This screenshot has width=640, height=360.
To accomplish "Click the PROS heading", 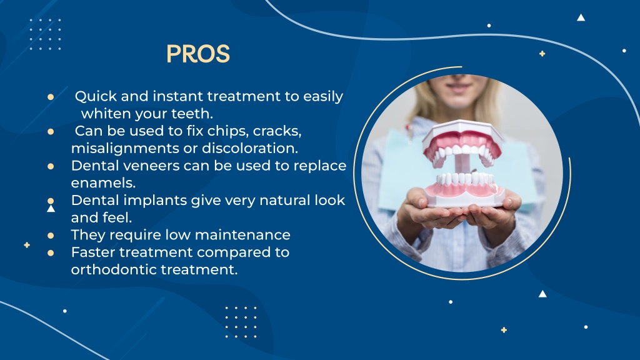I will point(198,54).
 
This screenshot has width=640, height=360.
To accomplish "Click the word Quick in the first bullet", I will point(92,97).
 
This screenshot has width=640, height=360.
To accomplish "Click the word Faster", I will point(92,252).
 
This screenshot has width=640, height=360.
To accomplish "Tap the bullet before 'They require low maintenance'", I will point(51,236).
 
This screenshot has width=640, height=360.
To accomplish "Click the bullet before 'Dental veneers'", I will point(51,166).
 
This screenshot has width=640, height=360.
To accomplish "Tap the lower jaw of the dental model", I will point(466,187).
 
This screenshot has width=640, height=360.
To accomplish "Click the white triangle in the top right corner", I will point(581,17).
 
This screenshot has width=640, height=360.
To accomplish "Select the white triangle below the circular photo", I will point(542,294).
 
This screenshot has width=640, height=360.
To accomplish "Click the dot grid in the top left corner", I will point(46,34).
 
